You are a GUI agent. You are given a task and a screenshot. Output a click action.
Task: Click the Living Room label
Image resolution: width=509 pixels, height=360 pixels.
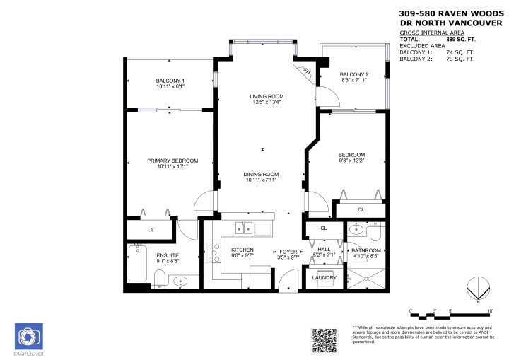coord(266,96)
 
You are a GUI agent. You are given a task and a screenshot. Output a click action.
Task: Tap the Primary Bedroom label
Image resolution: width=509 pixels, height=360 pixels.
coord(172,161)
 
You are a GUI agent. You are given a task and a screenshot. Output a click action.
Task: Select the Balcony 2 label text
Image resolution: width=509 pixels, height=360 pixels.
coord(354,74)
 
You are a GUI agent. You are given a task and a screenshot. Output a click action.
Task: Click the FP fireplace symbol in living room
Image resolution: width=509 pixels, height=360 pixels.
coord(307,71)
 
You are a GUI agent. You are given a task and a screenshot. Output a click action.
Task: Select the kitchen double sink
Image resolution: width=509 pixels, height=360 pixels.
coord(244,228)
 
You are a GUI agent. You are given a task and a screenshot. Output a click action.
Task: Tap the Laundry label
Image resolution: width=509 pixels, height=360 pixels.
coord(324,277)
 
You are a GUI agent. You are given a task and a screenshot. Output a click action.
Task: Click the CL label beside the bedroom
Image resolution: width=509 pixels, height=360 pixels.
coord(361,209)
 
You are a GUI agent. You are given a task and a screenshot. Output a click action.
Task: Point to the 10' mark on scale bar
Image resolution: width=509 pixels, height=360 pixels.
coord(489,310)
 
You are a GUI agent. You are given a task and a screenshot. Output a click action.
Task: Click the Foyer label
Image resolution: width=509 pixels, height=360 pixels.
coord(288,251)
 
